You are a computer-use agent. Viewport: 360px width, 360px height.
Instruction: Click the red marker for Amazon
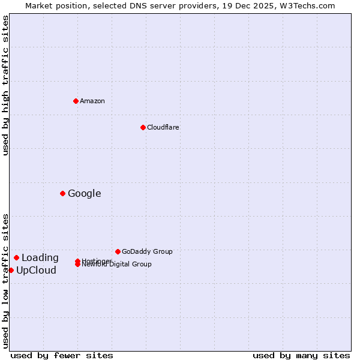(x=76, y=101)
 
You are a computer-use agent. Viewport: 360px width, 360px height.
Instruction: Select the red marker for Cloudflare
(x=143, y=127)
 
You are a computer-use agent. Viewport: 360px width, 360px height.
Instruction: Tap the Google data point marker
(x=62, y=193)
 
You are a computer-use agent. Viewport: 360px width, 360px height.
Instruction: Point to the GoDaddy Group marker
(x=118, y=251)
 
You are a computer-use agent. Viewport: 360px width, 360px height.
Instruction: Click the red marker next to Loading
(x=16, y=257)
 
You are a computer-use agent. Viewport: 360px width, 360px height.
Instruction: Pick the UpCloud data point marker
(x=11, y=270)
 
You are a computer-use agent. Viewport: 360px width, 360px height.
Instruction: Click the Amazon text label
(x=92, y=101)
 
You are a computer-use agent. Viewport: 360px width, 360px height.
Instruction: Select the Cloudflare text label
(x=163, y=127)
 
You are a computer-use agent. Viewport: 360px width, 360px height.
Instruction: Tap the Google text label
(x=84, y=193)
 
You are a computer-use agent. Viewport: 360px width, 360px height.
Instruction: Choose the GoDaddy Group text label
(x=146, y=251)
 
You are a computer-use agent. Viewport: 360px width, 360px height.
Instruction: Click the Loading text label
(x=40, y=258)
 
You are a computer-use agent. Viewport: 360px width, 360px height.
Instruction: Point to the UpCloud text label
(x=36, y=271)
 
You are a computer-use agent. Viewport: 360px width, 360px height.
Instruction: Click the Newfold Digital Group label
(x=116, y=265)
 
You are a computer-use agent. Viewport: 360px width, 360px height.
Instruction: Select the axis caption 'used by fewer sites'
(x=62, y=355)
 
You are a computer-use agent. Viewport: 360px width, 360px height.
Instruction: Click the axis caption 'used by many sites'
(x=301, y=355)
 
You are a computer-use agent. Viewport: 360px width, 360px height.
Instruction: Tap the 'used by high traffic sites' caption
(x=6, y=85)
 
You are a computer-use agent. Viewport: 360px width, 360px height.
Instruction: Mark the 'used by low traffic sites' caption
(x=6, y=280)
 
